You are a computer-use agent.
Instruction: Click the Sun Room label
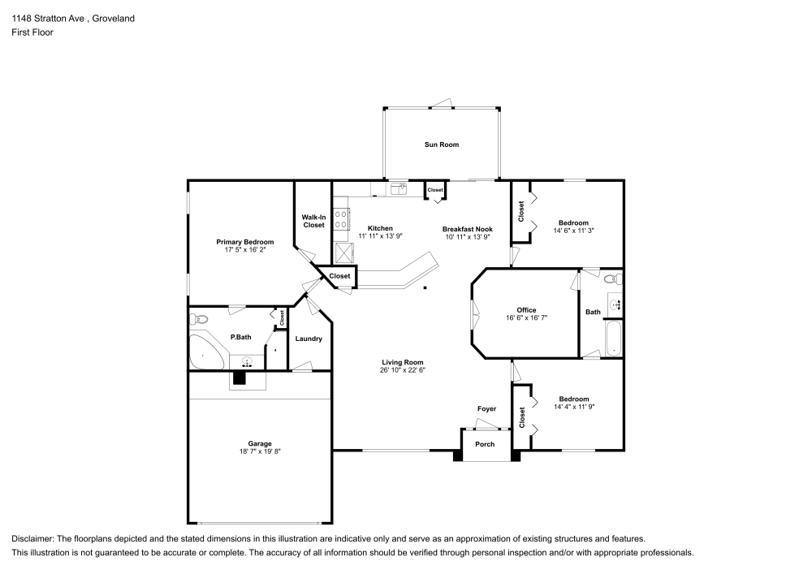(441, 145)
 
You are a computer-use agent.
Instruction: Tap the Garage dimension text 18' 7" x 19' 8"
(260, 451)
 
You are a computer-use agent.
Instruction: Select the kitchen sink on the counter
(398, 189)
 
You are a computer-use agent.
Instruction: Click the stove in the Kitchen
(343, 218)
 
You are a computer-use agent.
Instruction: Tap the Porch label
(485, 444)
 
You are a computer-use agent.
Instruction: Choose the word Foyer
(486, 408)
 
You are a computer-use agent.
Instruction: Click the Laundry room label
(309, 339)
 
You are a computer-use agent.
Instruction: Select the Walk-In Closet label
(313, 221)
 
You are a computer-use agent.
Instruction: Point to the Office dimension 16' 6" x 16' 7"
(526, 318)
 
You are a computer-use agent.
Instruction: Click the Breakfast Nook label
(468, 228)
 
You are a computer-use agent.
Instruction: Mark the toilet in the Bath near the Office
(615, 279)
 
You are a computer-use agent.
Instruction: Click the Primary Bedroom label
(244, 242)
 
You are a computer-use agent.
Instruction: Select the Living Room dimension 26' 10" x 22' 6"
(403, 370)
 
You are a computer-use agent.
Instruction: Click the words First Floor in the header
(32, 32)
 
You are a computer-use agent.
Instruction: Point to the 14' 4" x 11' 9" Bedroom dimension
(573, 408)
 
